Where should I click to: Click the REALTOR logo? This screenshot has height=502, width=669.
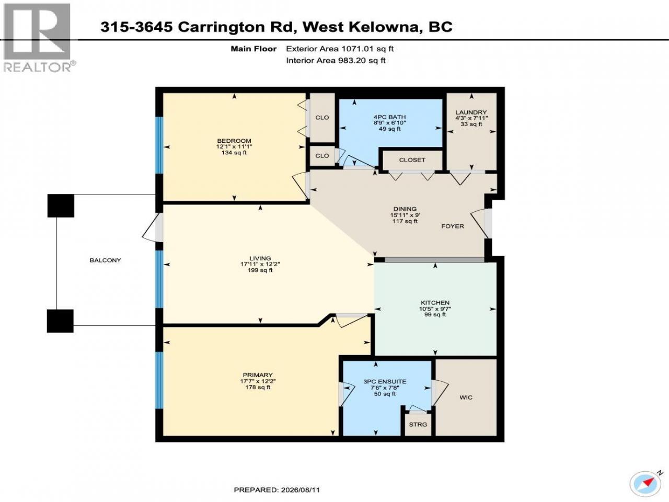pyautogui.click(x=38, y=38)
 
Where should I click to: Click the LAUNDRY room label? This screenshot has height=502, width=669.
pyautogui.click(x=471, y=112)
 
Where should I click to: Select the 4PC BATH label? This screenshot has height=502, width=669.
pyautogui.click(x=389, y=117)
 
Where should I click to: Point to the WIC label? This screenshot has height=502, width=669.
pyautogui.click(x=466, y=397)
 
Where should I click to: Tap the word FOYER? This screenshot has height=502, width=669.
pyautogui.click(x=453, y=226)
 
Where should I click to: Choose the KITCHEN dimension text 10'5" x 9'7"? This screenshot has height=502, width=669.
pyautogui.click(x=435, y=309)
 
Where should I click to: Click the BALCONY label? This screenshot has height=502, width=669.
pyautogui.click(x=106, y=260)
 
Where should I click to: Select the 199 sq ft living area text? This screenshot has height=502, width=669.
pyautogui.click(x=260, y=270)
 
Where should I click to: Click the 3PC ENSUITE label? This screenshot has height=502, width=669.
pyautogui.click(x=385, y=382)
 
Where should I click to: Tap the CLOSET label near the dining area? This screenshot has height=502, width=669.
pyautogui.click(x=412, y=160)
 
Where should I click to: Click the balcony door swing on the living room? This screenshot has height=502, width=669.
pyautogui.click(x=151, y=227)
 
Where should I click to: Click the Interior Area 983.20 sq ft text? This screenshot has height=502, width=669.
pyautogui.click(x=336, y=60)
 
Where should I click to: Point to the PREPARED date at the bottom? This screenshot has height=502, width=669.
pyautogui.click(x=276, y=489)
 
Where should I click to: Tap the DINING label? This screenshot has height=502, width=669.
pyautogui.click(x=405, y=209)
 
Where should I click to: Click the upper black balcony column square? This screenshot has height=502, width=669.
pyautogui.click(x=61, y=206)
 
